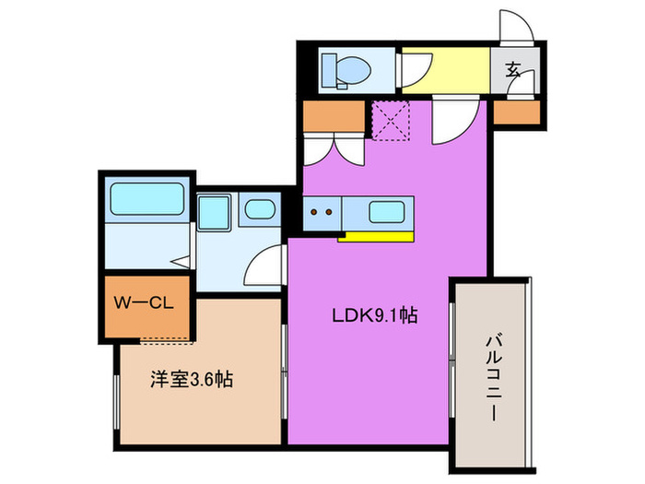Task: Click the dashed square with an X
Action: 389,119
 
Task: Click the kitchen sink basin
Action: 388,211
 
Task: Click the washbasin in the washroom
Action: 258,209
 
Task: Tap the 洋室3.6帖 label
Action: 192,378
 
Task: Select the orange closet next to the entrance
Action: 514,113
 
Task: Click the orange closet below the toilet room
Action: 333,114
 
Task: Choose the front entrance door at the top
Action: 512,26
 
